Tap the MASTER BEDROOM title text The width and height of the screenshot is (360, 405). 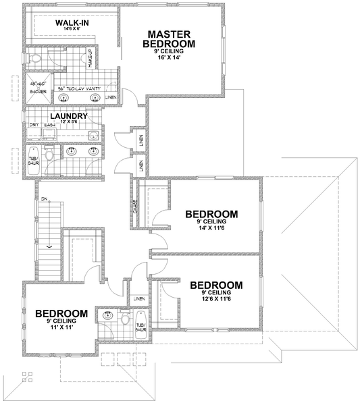tap(169, 39)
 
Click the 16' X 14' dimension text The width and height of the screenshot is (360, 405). tap(169, 59)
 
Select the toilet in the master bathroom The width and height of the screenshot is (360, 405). tap(38, 59)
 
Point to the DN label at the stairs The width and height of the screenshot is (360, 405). tap(44, 200)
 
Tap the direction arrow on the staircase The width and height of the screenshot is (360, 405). tap(47, 248)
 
